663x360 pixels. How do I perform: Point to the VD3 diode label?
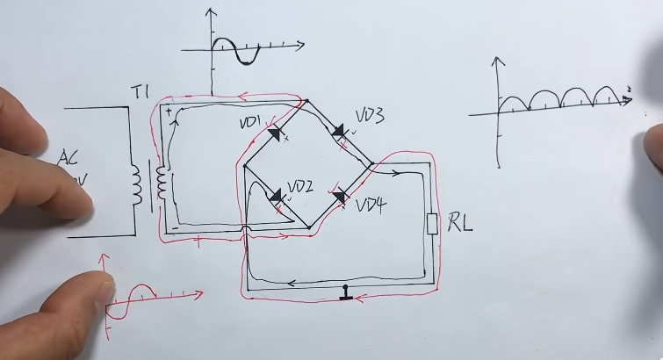tap(369, 116)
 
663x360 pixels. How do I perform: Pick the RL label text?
tap(460, 223)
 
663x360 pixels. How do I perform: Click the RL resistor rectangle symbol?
tap(431, 225)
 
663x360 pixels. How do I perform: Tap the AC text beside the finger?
tap(68, 159)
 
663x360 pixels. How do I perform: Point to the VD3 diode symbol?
tap(339, 132)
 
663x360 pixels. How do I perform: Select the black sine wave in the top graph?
tap(236, 50)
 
